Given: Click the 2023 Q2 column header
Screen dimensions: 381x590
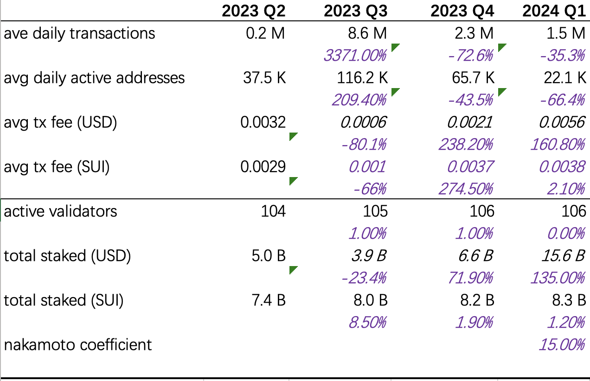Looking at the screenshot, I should pyautogui.click(x=253, y=11).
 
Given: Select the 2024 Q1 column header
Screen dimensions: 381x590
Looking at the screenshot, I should pyautogui.click(x=554, y=11).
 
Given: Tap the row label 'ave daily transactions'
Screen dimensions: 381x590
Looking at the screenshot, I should pyautogui.click(x=79, y=33).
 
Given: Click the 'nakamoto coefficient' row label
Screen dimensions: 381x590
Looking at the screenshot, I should pyautogui.click(x=78, y=345).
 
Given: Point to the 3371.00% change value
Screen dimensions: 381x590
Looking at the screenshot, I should pyautogui.click(x=355, y=56).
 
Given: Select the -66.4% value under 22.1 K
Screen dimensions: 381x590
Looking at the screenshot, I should pyautogui.click(x=562, y=100).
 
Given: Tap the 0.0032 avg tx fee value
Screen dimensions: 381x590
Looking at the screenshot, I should pyautogui.click(x=263, y=122).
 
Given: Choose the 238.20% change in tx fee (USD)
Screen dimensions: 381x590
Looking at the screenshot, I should pyautogui.click(x=465, y=145).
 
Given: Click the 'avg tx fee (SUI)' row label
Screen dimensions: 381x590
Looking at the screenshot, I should pyautogui.click(x=57, y=167).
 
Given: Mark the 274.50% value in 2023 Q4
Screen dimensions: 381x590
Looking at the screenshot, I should pyautogui.click(x=465, y=189).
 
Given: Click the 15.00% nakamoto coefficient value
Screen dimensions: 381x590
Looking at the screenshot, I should pyautogui.click(x=561, y=345).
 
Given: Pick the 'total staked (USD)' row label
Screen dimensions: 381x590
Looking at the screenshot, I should pyautogui.click(x=67, y=256).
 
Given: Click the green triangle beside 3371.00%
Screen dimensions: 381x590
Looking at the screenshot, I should pyautogui.click(x=395, y=47).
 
